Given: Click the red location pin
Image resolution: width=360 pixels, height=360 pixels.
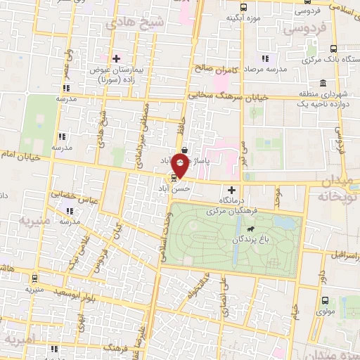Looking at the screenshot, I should pyautogui.click(x=180, y=167).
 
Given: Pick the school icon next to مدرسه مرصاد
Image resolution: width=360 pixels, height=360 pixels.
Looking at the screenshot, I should pyautogui.click(x=264, y=58).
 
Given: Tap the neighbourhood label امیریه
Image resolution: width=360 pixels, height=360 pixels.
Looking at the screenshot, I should pyautogui.click(x=19, y=340).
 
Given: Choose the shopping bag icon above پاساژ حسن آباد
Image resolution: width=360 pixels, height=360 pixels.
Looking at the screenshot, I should pyautogui.click(x=184, y=150).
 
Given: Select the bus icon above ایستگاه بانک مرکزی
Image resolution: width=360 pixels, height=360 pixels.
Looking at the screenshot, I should pyautogui.click(x=333, y=49).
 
